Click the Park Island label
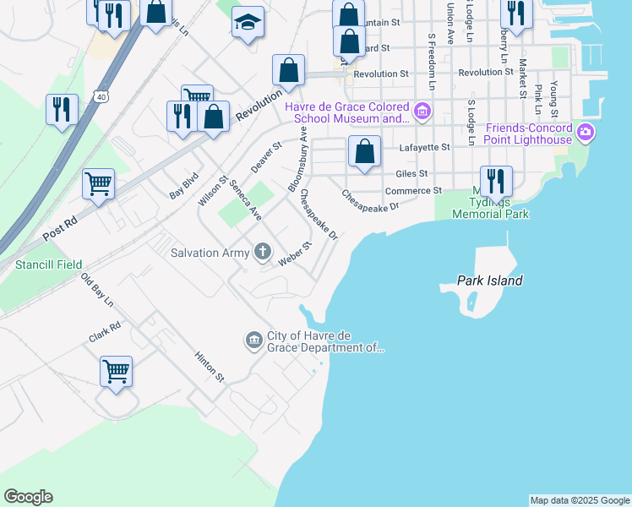pos(489,281)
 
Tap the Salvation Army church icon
pos(263,251)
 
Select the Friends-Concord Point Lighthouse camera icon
pos(586,133)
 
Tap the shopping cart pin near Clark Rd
pos(116,371)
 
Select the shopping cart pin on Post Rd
pos(99,183)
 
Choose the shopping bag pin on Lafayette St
pos(364,152)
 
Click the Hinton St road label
pos(210,368)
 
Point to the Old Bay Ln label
pos(97,290)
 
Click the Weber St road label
pos(296,252)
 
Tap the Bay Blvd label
pos(183,186)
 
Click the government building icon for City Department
pos(254,341)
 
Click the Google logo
pos(28,497)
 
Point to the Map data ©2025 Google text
pos(580,500)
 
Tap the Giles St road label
pos(412,174)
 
